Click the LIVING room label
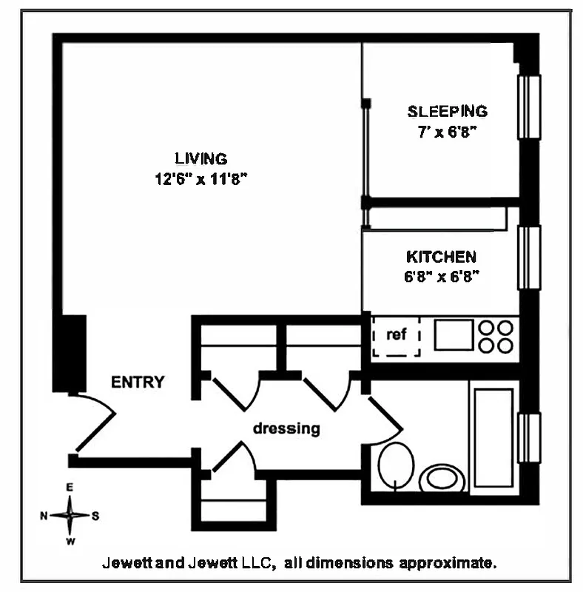[200, 158]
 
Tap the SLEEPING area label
[448, 112]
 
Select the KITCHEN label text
[441, 257]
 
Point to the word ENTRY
[138, 383]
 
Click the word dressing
[286, 428]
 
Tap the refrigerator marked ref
[397, 336]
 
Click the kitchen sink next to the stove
[451, 334]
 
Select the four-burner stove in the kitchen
[495, 336]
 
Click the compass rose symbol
[70, 515]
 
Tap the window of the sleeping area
[528, 107]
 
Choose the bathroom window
[528, 438]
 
